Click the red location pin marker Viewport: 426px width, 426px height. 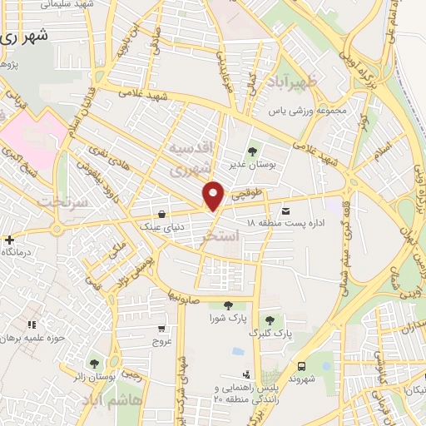click(x=214, y=196)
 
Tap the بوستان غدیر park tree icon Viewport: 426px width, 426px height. click(x=252, y=151)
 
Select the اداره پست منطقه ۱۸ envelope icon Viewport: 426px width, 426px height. click(x=287, y=211)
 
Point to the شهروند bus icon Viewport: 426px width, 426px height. click(x=301, y=366)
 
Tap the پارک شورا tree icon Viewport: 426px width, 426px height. click(x=228, y=305)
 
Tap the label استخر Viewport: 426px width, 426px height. click(x=221, y=238)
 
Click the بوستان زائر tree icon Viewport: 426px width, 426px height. click(x=93, y=364)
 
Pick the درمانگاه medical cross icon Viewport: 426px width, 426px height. click(x=8, y=240)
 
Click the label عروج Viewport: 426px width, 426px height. click(x=161, y=340)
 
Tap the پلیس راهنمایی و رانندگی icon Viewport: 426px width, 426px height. click(x=245, y=374)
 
